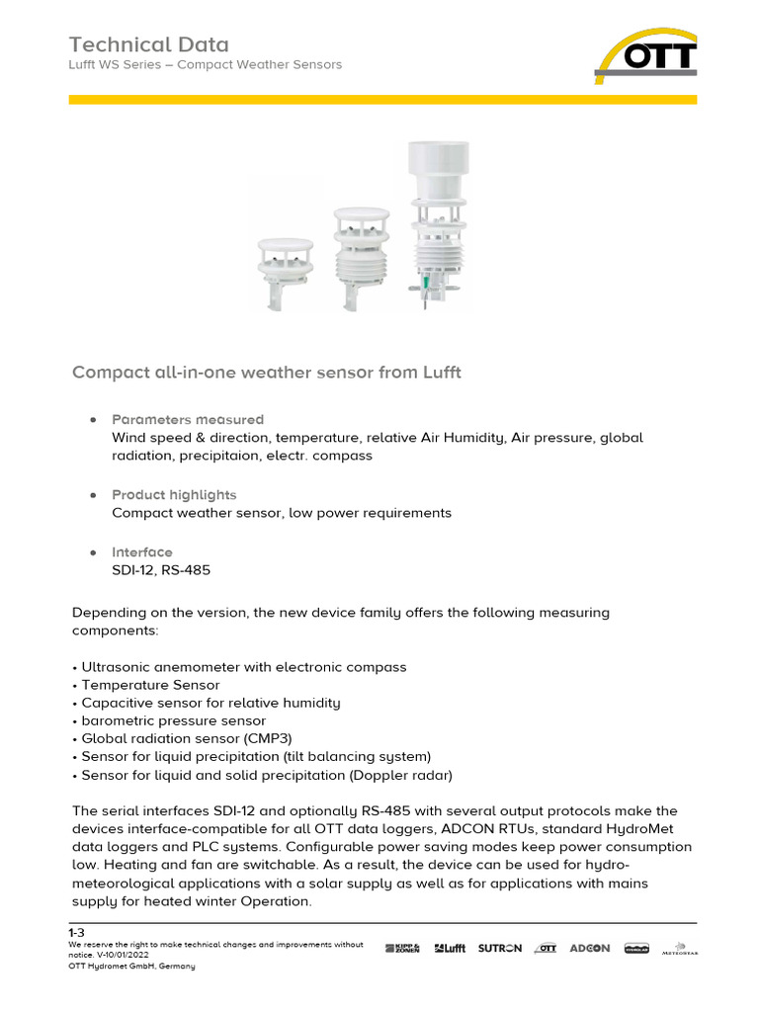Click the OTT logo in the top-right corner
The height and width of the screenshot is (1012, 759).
645,56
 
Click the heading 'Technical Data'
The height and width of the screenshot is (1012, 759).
148,44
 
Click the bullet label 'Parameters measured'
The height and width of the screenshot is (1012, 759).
188,420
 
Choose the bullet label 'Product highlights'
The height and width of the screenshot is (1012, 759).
174,494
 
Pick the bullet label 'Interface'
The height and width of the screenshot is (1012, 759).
141,552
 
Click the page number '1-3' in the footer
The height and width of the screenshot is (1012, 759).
76,932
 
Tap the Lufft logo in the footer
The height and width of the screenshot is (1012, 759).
450,948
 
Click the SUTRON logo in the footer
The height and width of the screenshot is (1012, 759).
499,948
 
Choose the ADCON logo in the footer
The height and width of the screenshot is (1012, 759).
590,948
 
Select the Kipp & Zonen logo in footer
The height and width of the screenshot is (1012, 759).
402,948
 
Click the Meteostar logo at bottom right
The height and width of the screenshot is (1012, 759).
680,949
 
